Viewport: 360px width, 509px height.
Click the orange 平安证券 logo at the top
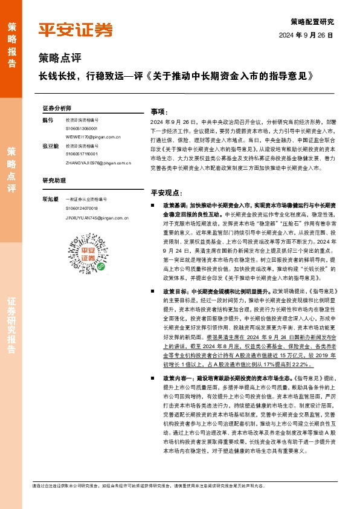tap(76, 30)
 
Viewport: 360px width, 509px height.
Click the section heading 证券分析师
tap(57, 107)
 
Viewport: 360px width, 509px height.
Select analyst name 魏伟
tap(48, 120)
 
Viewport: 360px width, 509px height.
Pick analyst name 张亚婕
tap(50, 146)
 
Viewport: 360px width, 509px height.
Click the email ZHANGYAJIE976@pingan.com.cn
tap(98, 163)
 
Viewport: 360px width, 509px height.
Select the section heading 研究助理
tap(54, 180)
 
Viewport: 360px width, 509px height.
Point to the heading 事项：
tap(158, 112)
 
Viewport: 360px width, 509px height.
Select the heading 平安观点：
tap(166, 193)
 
